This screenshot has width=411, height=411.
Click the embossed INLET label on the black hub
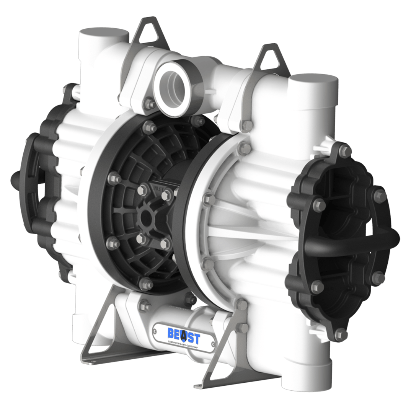[x=159, y=188]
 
